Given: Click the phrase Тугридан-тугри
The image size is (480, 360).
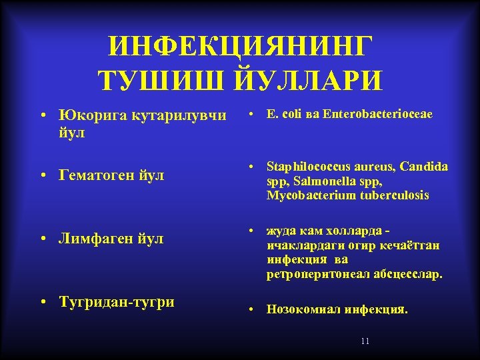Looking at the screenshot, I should (x=117, y=301).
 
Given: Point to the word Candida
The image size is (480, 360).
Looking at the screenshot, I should (x=425, y=166).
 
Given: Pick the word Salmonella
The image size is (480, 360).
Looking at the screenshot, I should (x=317, y=181).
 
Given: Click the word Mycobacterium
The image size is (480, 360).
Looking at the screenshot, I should (x=306, y=195).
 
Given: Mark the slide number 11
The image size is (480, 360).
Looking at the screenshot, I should (x=365, y=341).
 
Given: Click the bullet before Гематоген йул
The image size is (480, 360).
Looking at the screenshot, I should (x=43, y=176).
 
